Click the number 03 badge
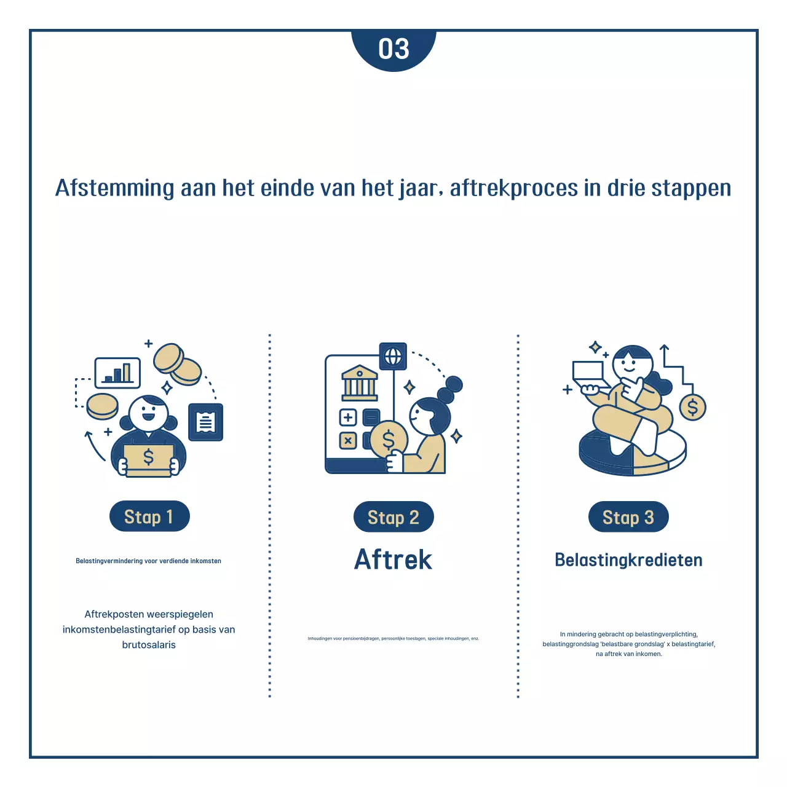[393, 49]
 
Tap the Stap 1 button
[149, 516]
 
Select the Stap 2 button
[393, 517]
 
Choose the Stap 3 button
[628, 517]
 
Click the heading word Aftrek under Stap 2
[393, 560]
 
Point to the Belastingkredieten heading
[628, 560]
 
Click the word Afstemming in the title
[115, 188]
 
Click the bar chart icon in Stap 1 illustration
[117, 373]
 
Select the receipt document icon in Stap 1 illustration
[206, 422]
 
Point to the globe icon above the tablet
[393, 356]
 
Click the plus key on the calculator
[348, 418]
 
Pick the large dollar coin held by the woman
[389, 439]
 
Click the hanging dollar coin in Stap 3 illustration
[692, 407]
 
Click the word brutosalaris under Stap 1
[149, 645]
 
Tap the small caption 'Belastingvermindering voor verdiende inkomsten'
[148, 561]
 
